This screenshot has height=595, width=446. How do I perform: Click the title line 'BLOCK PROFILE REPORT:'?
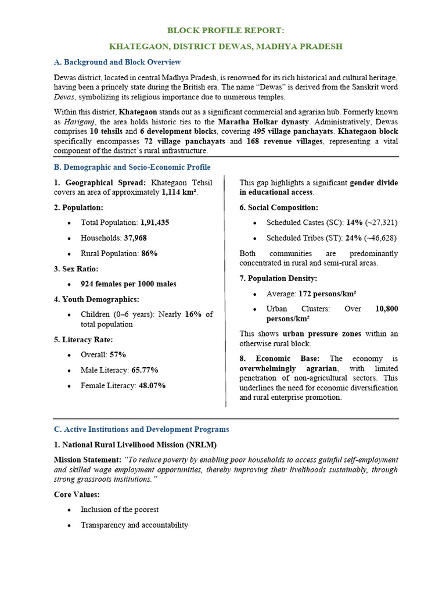[x=226, y=30]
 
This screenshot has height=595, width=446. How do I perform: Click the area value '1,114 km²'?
[x=179, y=192]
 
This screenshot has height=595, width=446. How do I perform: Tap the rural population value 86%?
[x=149, y=253]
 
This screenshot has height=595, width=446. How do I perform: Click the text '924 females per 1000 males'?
[x=128, y=284]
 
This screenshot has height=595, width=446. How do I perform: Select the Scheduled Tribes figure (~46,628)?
[x=381, y=238]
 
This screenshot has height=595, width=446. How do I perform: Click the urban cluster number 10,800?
[x=386, y=309]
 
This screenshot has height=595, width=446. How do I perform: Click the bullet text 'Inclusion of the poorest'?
[x=120, y=510]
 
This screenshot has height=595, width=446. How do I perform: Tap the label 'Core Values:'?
[x=77, y=494]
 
